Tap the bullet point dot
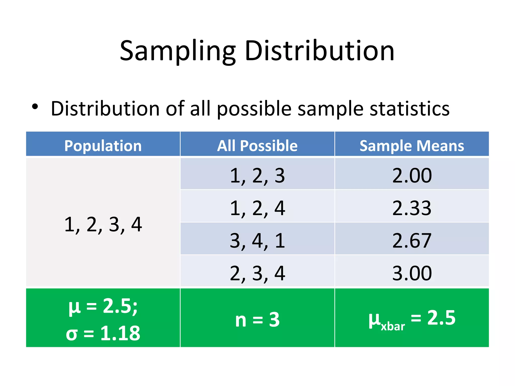pos(35,107)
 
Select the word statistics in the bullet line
pos(410,109)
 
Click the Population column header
pos(103,146)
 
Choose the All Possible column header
pos(257,146)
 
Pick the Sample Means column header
pos(412,146)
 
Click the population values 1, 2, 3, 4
pos(103,224)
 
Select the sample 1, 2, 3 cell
pos(257,175)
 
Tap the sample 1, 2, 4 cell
pos(257,208)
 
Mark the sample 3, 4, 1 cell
pos(257,240)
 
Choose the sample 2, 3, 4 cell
pos(257,273)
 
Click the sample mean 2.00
pos(412,175)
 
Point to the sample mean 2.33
pos(412,208)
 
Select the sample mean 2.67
pos(412,240)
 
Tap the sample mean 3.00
pos(412,273)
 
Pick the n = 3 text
pos(257,319)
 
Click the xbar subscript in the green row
pos(393,326)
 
